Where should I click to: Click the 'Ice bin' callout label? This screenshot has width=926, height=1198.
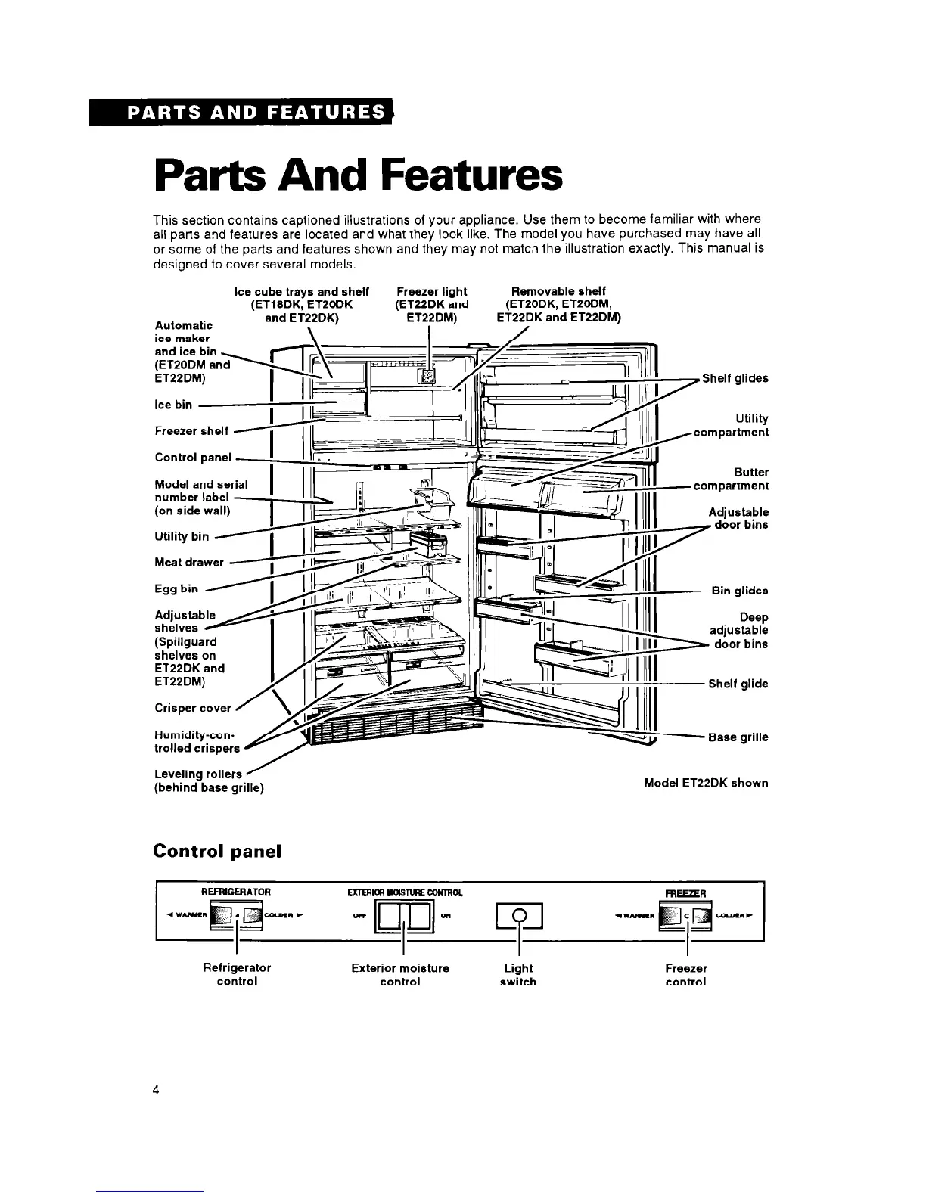[x=173, y=405]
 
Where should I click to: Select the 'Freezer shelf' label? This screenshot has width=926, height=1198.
[x=191, y=431]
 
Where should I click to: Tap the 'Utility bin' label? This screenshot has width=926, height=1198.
[x=182, y=536]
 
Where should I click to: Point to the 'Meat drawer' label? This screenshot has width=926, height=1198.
[x=189, y=562]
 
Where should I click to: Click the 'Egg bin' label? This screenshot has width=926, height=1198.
[x=176, y=588]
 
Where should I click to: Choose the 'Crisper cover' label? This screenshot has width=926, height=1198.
[x=193, y=708]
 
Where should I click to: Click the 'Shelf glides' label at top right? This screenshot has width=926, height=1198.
[x=735, y=378]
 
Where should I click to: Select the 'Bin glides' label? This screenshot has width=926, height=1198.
[x=740, y=591]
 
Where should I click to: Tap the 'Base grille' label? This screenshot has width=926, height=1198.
[x=738, y=737]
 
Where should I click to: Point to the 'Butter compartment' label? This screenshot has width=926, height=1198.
[x=732, y=479]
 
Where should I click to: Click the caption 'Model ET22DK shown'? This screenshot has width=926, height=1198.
[x=705, y=783]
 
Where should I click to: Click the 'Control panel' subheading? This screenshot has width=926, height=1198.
[x=217, y=851]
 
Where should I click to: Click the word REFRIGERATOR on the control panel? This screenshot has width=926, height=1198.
[x=236, y=892]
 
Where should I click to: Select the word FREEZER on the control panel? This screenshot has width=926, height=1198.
[x=685, y=893]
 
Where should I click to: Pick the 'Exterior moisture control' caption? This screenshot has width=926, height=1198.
[x=400, y=974]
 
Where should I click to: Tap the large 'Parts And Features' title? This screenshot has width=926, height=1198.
[x=358, y=175]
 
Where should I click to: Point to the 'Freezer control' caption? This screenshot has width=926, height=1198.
[x=685, y=974]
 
